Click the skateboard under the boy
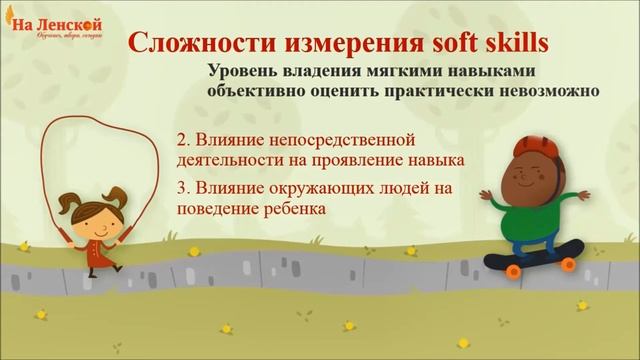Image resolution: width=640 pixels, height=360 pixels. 530,258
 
